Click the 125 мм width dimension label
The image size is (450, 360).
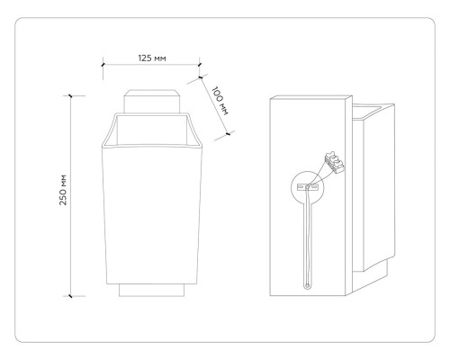pos(152,58)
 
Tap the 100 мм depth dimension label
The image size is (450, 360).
pos(220,101)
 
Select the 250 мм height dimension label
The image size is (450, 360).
pos(63,190)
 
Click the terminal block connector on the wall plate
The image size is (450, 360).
pos(335,162)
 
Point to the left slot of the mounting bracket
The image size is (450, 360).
pos(301,187)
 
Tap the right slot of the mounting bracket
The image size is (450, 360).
pos(314,187)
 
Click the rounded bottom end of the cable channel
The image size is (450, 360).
pos(307,286)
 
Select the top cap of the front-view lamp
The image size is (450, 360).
pos(152,102)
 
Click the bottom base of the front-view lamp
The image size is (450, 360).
pos(151,290)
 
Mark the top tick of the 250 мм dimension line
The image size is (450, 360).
pos(70,95)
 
